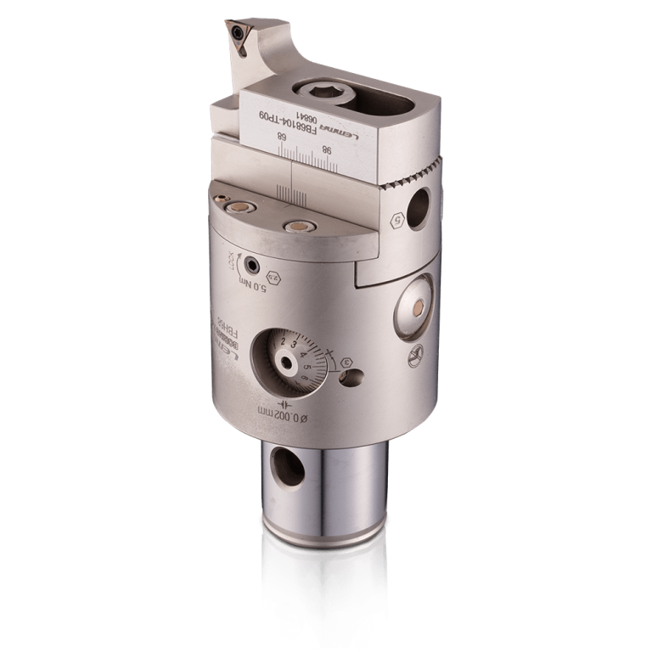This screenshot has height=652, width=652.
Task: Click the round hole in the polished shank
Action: pyautogui.click(x=283, y=464)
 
